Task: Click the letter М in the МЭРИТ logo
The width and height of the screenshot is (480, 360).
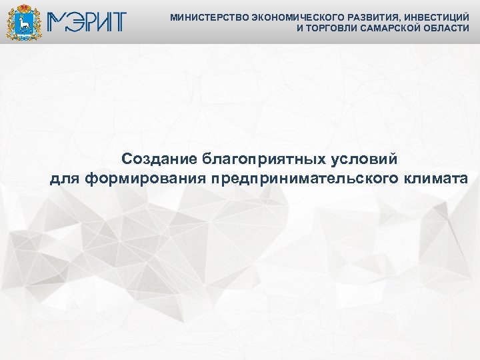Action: [x=57, y=22]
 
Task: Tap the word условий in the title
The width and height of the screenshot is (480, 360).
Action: [x=366, y=159]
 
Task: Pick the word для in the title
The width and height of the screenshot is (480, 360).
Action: [x=65, y=179]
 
